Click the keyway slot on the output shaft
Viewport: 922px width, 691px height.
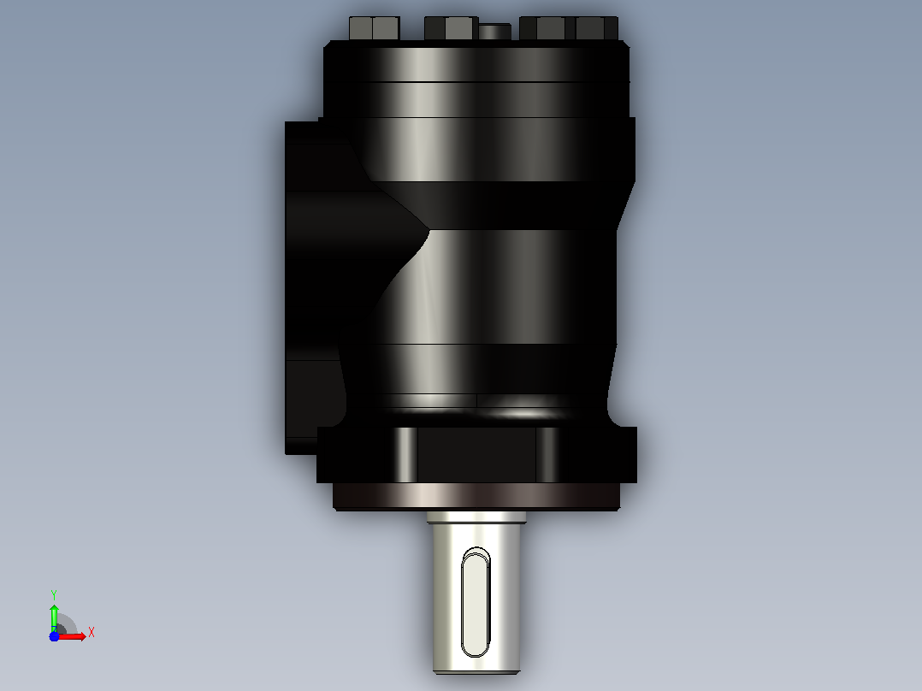pos(476,602)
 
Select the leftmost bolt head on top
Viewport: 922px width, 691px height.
pos(375,28)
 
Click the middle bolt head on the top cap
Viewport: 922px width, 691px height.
pos(451,28)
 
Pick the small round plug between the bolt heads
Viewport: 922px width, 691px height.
pos(494,32)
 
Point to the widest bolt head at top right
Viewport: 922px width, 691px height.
pos(569,28)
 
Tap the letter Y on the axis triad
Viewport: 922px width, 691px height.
pos(54,594)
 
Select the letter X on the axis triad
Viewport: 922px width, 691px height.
pos(92,633)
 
